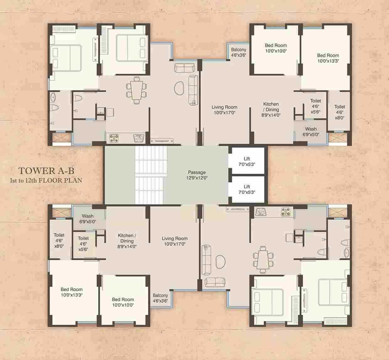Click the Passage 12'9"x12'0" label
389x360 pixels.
[x=197, y=175]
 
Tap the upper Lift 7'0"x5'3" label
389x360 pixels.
[x=247, y=161]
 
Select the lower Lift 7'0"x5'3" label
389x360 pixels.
[x=247, y=189]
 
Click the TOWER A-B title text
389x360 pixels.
[x=46, y=171]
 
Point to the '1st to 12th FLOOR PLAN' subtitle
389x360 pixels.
[x=46, y=180]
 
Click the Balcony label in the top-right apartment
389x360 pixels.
[x=238, y=52]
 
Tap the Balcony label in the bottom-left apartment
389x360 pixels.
[x=160, y=298]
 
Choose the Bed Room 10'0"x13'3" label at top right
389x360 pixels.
[x=328, y=58]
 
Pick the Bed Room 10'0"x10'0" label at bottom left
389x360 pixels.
[x=123, y=302]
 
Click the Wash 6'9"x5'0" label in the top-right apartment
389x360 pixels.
[x=311, y=132]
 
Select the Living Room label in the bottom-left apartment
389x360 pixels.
[x=175, y=241]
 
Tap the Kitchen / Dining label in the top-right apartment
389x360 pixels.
[x=271, y=110]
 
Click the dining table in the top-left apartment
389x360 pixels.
[x=136, y=90]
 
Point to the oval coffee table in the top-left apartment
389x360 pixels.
[x=179, y=89]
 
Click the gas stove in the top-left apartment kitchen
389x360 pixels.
[x=114, y=138]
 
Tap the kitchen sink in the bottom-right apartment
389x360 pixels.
[x=261, y=212]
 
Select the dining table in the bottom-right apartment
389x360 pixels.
[x=263, y=260]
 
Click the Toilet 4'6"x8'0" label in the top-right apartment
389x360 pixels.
[x=339, y=112]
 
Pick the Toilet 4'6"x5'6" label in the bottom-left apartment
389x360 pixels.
[x=83, y=244]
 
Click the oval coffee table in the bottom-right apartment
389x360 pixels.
[x=220, y=262]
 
